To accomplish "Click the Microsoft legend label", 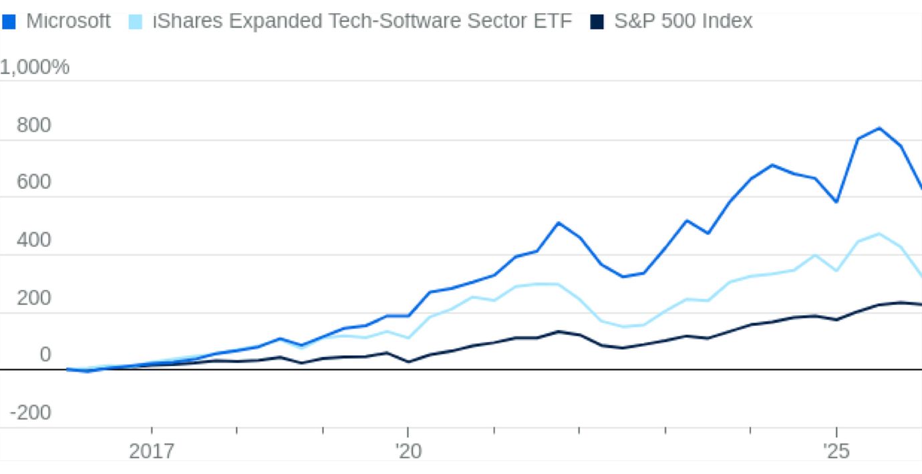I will tap(68, 21).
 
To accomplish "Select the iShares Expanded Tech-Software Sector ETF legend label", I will tap(362, 21).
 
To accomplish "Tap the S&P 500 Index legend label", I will tap(683, 21).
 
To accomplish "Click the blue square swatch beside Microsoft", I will tap(9, 22).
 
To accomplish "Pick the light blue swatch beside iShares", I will tap(136, 22).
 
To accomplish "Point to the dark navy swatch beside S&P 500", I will tap(597, 22).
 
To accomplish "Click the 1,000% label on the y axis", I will tap(35, 67).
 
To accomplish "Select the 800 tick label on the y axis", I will tap(33, 126).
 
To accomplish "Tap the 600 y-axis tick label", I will tap(33, 182).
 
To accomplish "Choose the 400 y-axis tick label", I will tap(33, 240).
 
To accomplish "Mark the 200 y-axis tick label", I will tap(33, 298).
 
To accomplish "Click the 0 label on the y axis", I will tap(45, 355).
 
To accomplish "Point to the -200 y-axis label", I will tap(30, 413).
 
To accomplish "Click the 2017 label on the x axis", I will tap(152, 452).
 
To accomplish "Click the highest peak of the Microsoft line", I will tap(879, 128).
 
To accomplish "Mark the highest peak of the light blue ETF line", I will tap(879, 234).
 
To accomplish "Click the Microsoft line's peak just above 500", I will tap(559, 223).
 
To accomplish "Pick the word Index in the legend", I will tap(732, 21).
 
